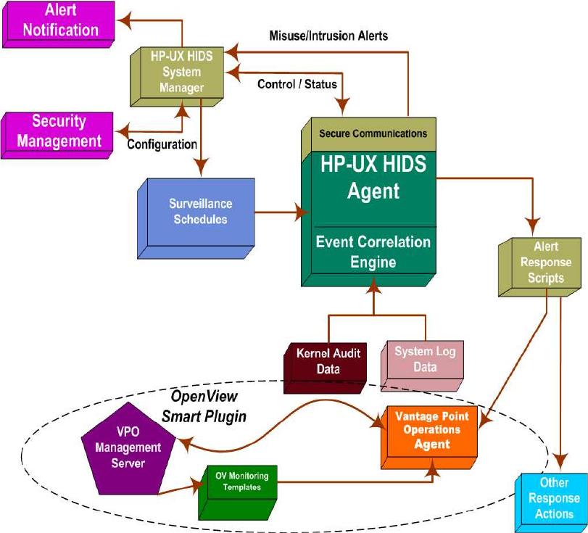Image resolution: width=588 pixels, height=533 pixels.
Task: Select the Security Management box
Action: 58,132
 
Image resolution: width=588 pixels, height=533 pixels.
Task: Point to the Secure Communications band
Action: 372,134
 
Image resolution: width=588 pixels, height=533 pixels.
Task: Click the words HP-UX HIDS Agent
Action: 373,178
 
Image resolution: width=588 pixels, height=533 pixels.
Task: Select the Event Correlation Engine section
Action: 373,252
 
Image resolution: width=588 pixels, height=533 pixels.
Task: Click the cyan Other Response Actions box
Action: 553,498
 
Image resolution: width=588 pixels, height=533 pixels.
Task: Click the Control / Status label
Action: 297,84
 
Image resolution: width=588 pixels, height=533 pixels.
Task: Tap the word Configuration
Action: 162,144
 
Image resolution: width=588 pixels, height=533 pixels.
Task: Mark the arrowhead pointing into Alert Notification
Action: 124,22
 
